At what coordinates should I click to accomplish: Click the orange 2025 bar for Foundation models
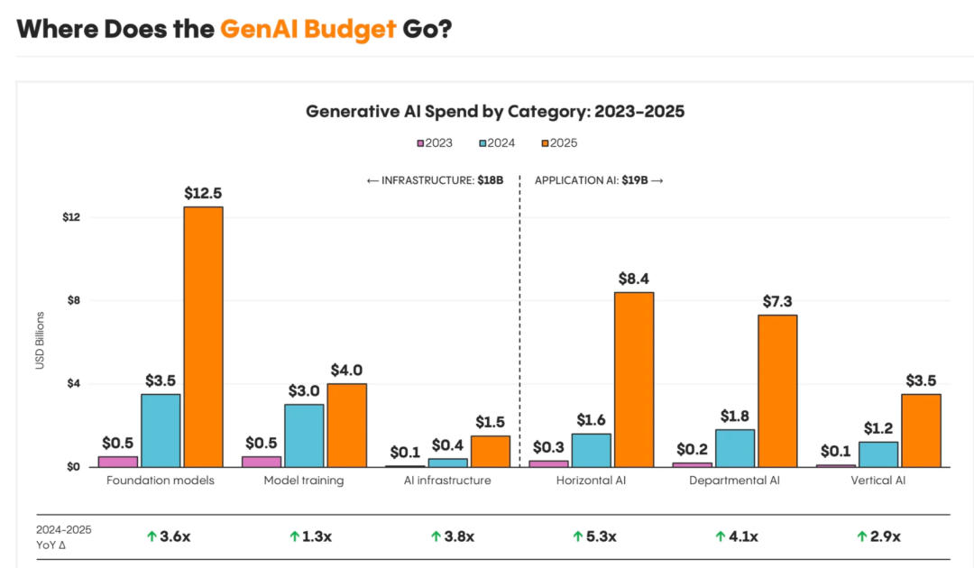point(203,336)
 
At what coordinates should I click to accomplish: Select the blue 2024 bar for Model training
point(304,435)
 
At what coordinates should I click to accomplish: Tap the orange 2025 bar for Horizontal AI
point(634,379)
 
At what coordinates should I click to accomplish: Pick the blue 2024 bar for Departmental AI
point(735,448)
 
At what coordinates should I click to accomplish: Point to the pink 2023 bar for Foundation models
point(118,461)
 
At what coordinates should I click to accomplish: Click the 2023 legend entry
point(435,142)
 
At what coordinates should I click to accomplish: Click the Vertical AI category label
point(878,481)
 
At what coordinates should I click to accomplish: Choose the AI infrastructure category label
point(447,481)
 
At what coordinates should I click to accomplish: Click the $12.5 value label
point(203,193)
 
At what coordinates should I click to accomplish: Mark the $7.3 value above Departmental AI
point(776,301)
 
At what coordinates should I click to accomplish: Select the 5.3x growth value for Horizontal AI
point(601,536)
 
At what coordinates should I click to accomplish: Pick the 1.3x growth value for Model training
point(317,536)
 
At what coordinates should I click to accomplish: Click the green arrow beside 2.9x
point(862,536)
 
